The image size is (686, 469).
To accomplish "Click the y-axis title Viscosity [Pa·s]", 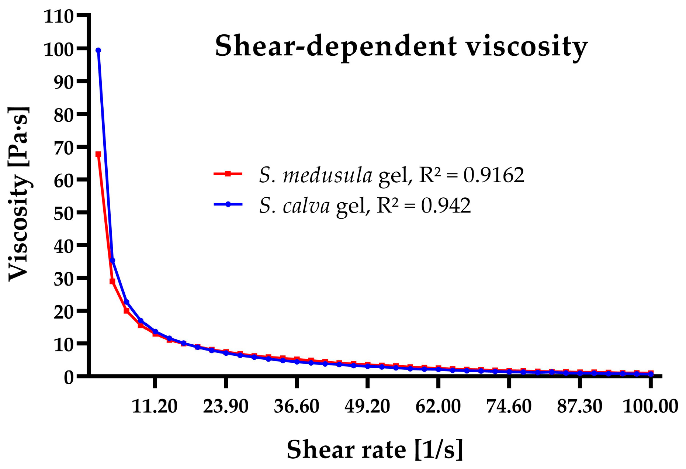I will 18,194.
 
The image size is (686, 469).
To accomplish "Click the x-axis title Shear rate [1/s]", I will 374,449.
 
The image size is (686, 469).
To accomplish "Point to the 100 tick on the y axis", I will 58,49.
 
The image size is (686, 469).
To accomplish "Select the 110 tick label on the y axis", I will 58,17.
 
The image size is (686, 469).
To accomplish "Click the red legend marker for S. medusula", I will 228,173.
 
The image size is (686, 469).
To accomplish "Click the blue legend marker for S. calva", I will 228,204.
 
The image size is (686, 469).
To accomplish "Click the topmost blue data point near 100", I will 98,51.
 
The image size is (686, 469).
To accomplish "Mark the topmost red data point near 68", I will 98,154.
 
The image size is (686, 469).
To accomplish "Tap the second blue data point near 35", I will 112,261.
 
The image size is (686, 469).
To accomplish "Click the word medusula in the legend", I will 328,175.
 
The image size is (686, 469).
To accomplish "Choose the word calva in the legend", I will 306,206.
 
